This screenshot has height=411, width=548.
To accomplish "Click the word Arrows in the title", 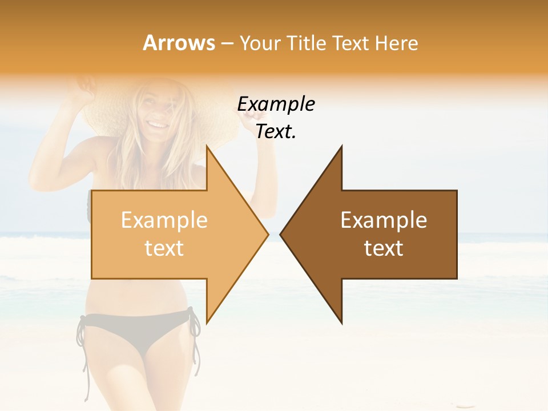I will point(179,43).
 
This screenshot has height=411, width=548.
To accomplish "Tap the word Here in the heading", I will point(396,43).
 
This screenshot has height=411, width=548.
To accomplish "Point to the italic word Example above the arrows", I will point(276,104).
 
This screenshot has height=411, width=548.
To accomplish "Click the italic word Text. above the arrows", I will point(276,132).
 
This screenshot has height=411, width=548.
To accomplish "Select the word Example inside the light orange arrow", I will point(164,220).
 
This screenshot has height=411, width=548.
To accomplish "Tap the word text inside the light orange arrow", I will point(164,248).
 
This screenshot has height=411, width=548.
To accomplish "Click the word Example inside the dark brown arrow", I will point(384,220).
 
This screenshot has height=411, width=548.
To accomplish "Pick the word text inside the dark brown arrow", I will point(384,248).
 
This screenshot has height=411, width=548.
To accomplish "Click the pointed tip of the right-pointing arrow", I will point(268,235).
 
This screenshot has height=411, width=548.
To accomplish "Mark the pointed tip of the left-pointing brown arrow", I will point(280,235).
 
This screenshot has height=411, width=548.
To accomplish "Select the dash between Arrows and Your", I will point(227,44).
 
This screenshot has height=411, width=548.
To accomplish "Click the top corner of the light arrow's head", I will point(207,146).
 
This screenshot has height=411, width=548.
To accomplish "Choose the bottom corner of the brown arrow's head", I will point(341,323).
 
